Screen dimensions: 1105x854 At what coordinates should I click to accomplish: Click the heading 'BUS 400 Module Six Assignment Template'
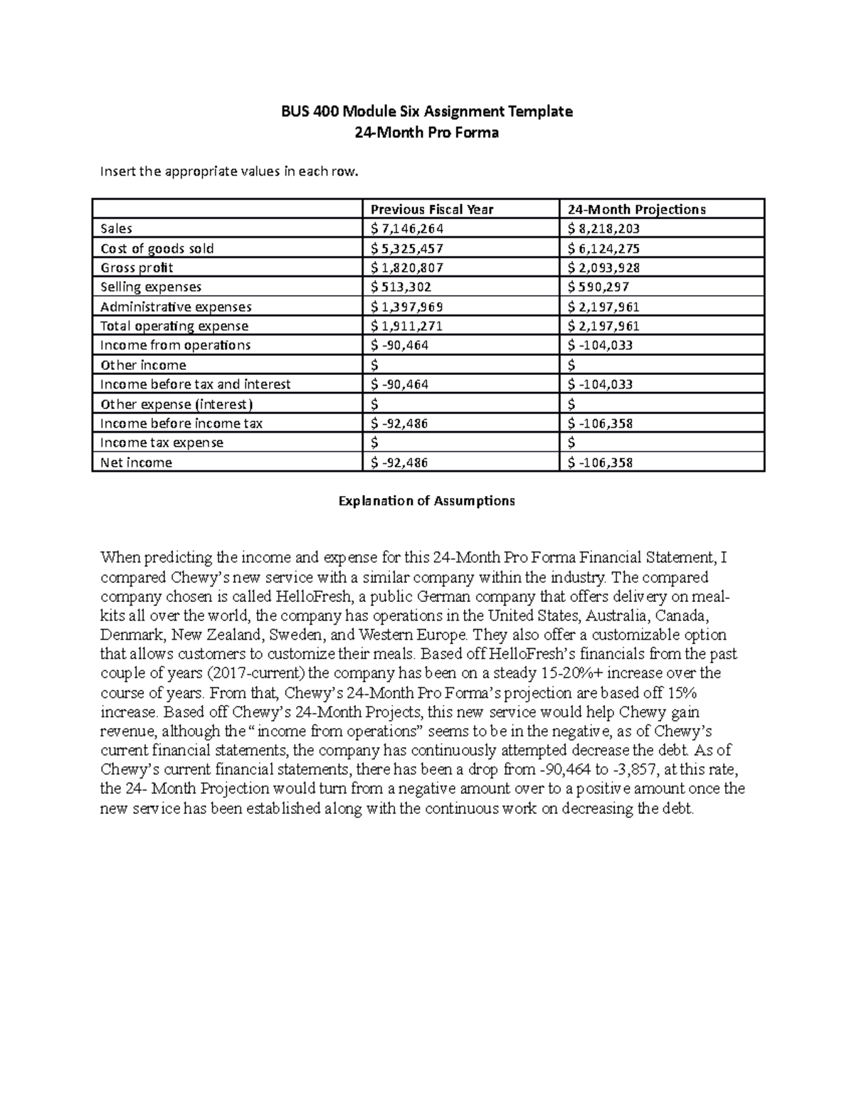426,112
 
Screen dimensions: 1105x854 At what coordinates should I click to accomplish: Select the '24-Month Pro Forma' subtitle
426,132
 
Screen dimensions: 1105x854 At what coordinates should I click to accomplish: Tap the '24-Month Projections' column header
636,209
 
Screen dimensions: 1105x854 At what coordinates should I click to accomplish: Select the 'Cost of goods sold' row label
157,248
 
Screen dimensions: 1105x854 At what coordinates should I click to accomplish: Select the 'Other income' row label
143,365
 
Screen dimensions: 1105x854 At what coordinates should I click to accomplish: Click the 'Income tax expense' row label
162,443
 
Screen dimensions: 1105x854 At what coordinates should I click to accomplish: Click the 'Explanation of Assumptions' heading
426,501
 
